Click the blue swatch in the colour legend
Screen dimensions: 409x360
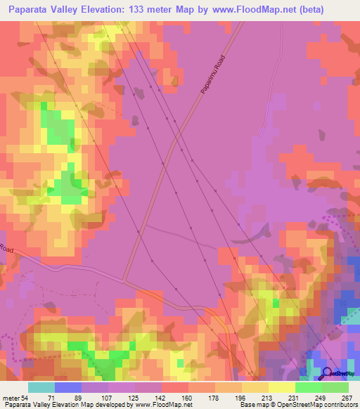(x=68, y=387)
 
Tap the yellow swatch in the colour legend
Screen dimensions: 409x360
(x=282, y=387)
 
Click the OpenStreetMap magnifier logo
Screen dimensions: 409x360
(x=328, y=372)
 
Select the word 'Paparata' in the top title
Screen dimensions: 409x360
(x=28, y=9)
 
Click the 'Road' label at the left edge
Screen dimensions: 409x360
(x=6, y=249)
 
